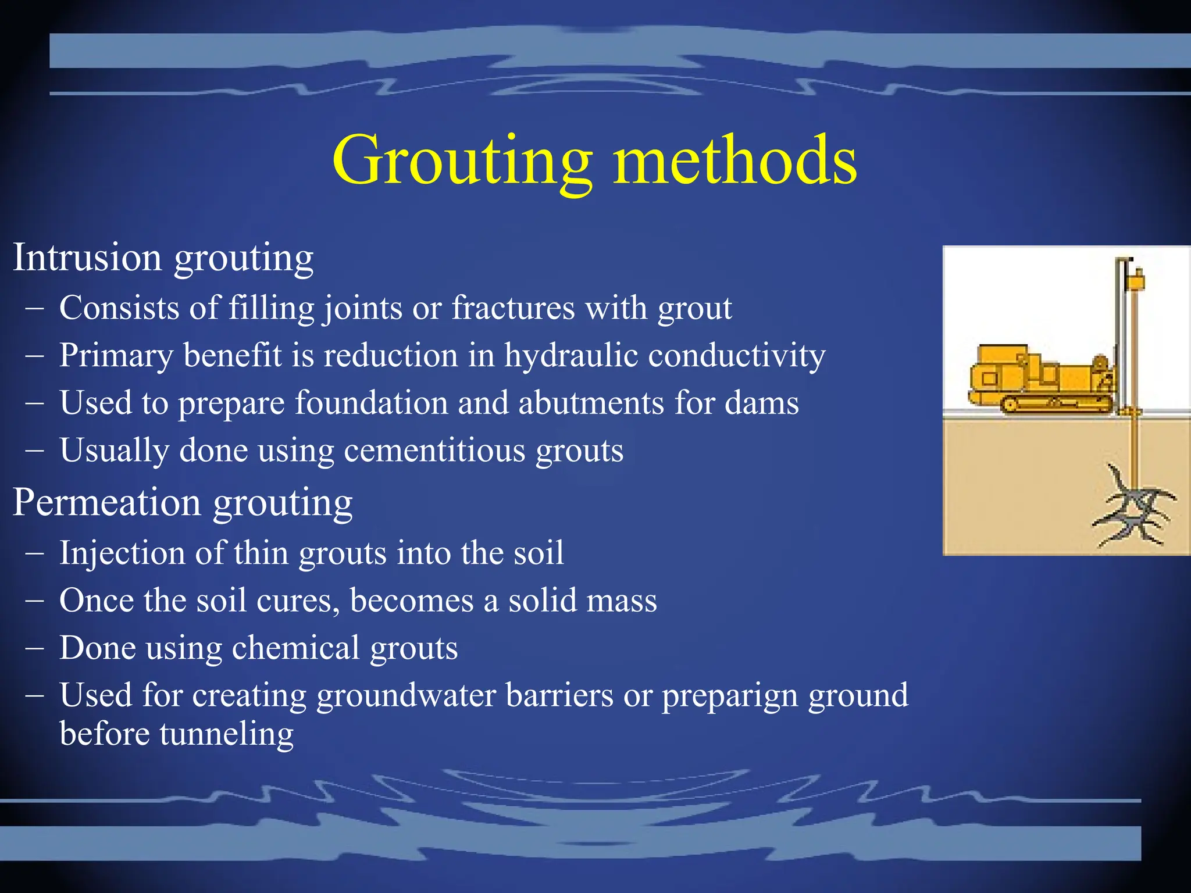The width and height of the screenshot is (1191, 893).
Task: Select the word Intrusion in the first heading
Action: coord(87,257)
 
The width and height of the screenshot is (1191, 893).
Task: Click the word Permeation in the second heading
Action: coord(107,502)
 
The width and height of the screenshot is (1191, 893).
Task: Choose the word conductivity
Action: coord(737,355)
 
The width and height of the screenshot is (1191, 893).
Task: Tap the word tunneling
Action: coord(227,734)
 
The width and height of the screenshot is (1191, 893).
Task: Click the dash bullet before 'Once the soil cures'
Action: coord(34,601)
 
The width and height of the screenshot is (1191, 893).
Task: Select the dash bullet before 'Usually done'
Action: coord(34,451)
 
